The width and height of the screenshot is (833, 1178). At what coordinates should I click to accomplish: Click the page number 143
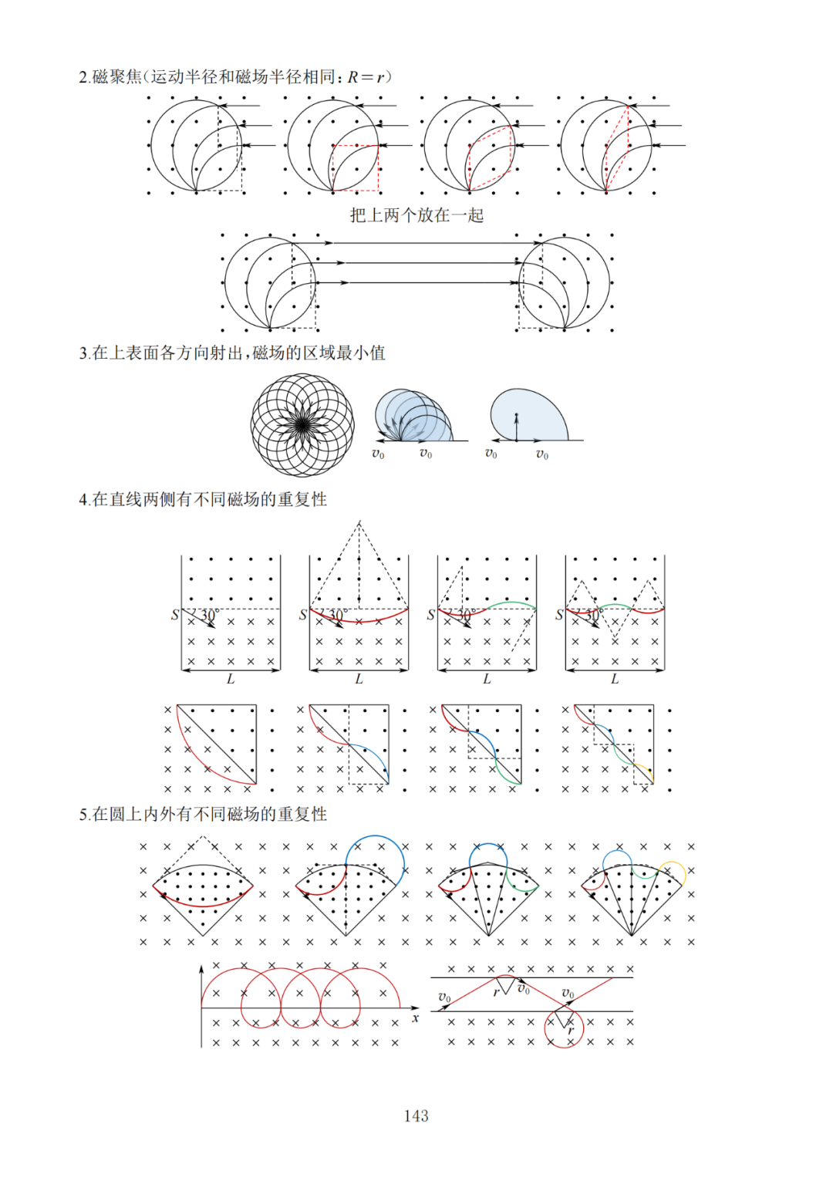pos(416,1116)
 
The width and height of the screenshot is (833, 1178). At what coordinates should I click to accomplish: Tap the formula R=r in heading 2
pos(366,76)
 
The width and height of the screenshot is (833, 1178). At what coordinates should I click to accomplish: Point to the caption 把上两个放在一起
pos(416,215)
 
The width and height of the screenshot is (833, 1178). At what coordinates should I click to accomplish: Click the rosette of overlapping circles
pos(302,424)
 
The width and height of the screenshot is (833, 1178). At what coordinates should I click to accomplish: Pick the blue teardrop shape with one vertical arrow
pos(528,414)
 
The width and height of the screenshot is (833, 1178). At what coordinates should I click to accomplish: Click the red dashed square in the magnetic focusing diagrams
pos(356,167)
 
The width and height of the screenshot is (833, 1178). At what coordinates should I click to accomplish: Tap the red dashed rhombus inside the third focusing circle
pos(490,158)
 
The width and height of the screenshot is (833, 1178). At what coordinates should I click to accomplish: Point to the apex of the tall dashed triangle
pos(359,522)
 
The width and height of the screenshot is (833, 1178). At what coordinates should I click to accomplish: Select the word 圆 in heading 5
pos(117,814)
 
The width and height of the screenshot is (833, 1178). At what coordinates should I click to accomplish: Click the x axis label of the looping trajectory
pos(416,1018)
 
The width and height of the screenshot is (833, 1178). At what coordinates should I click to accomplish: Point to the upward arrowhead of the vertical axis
pos(201,967)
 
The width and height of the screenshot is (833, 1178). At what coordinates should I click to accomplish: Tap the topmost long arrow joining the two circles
pos(416,243)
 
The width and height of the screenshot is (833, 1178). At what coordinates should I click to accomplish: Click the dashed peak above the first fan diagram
pos(203,836)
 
